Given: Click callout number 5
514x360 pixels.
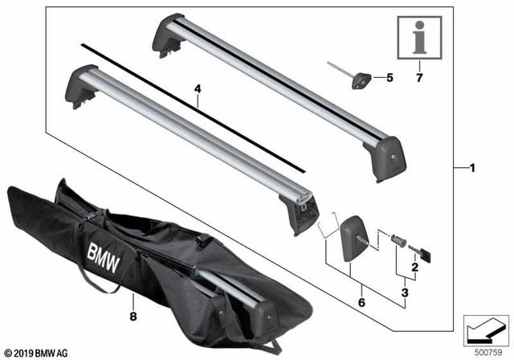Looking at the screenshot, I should tap(390, 78).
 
